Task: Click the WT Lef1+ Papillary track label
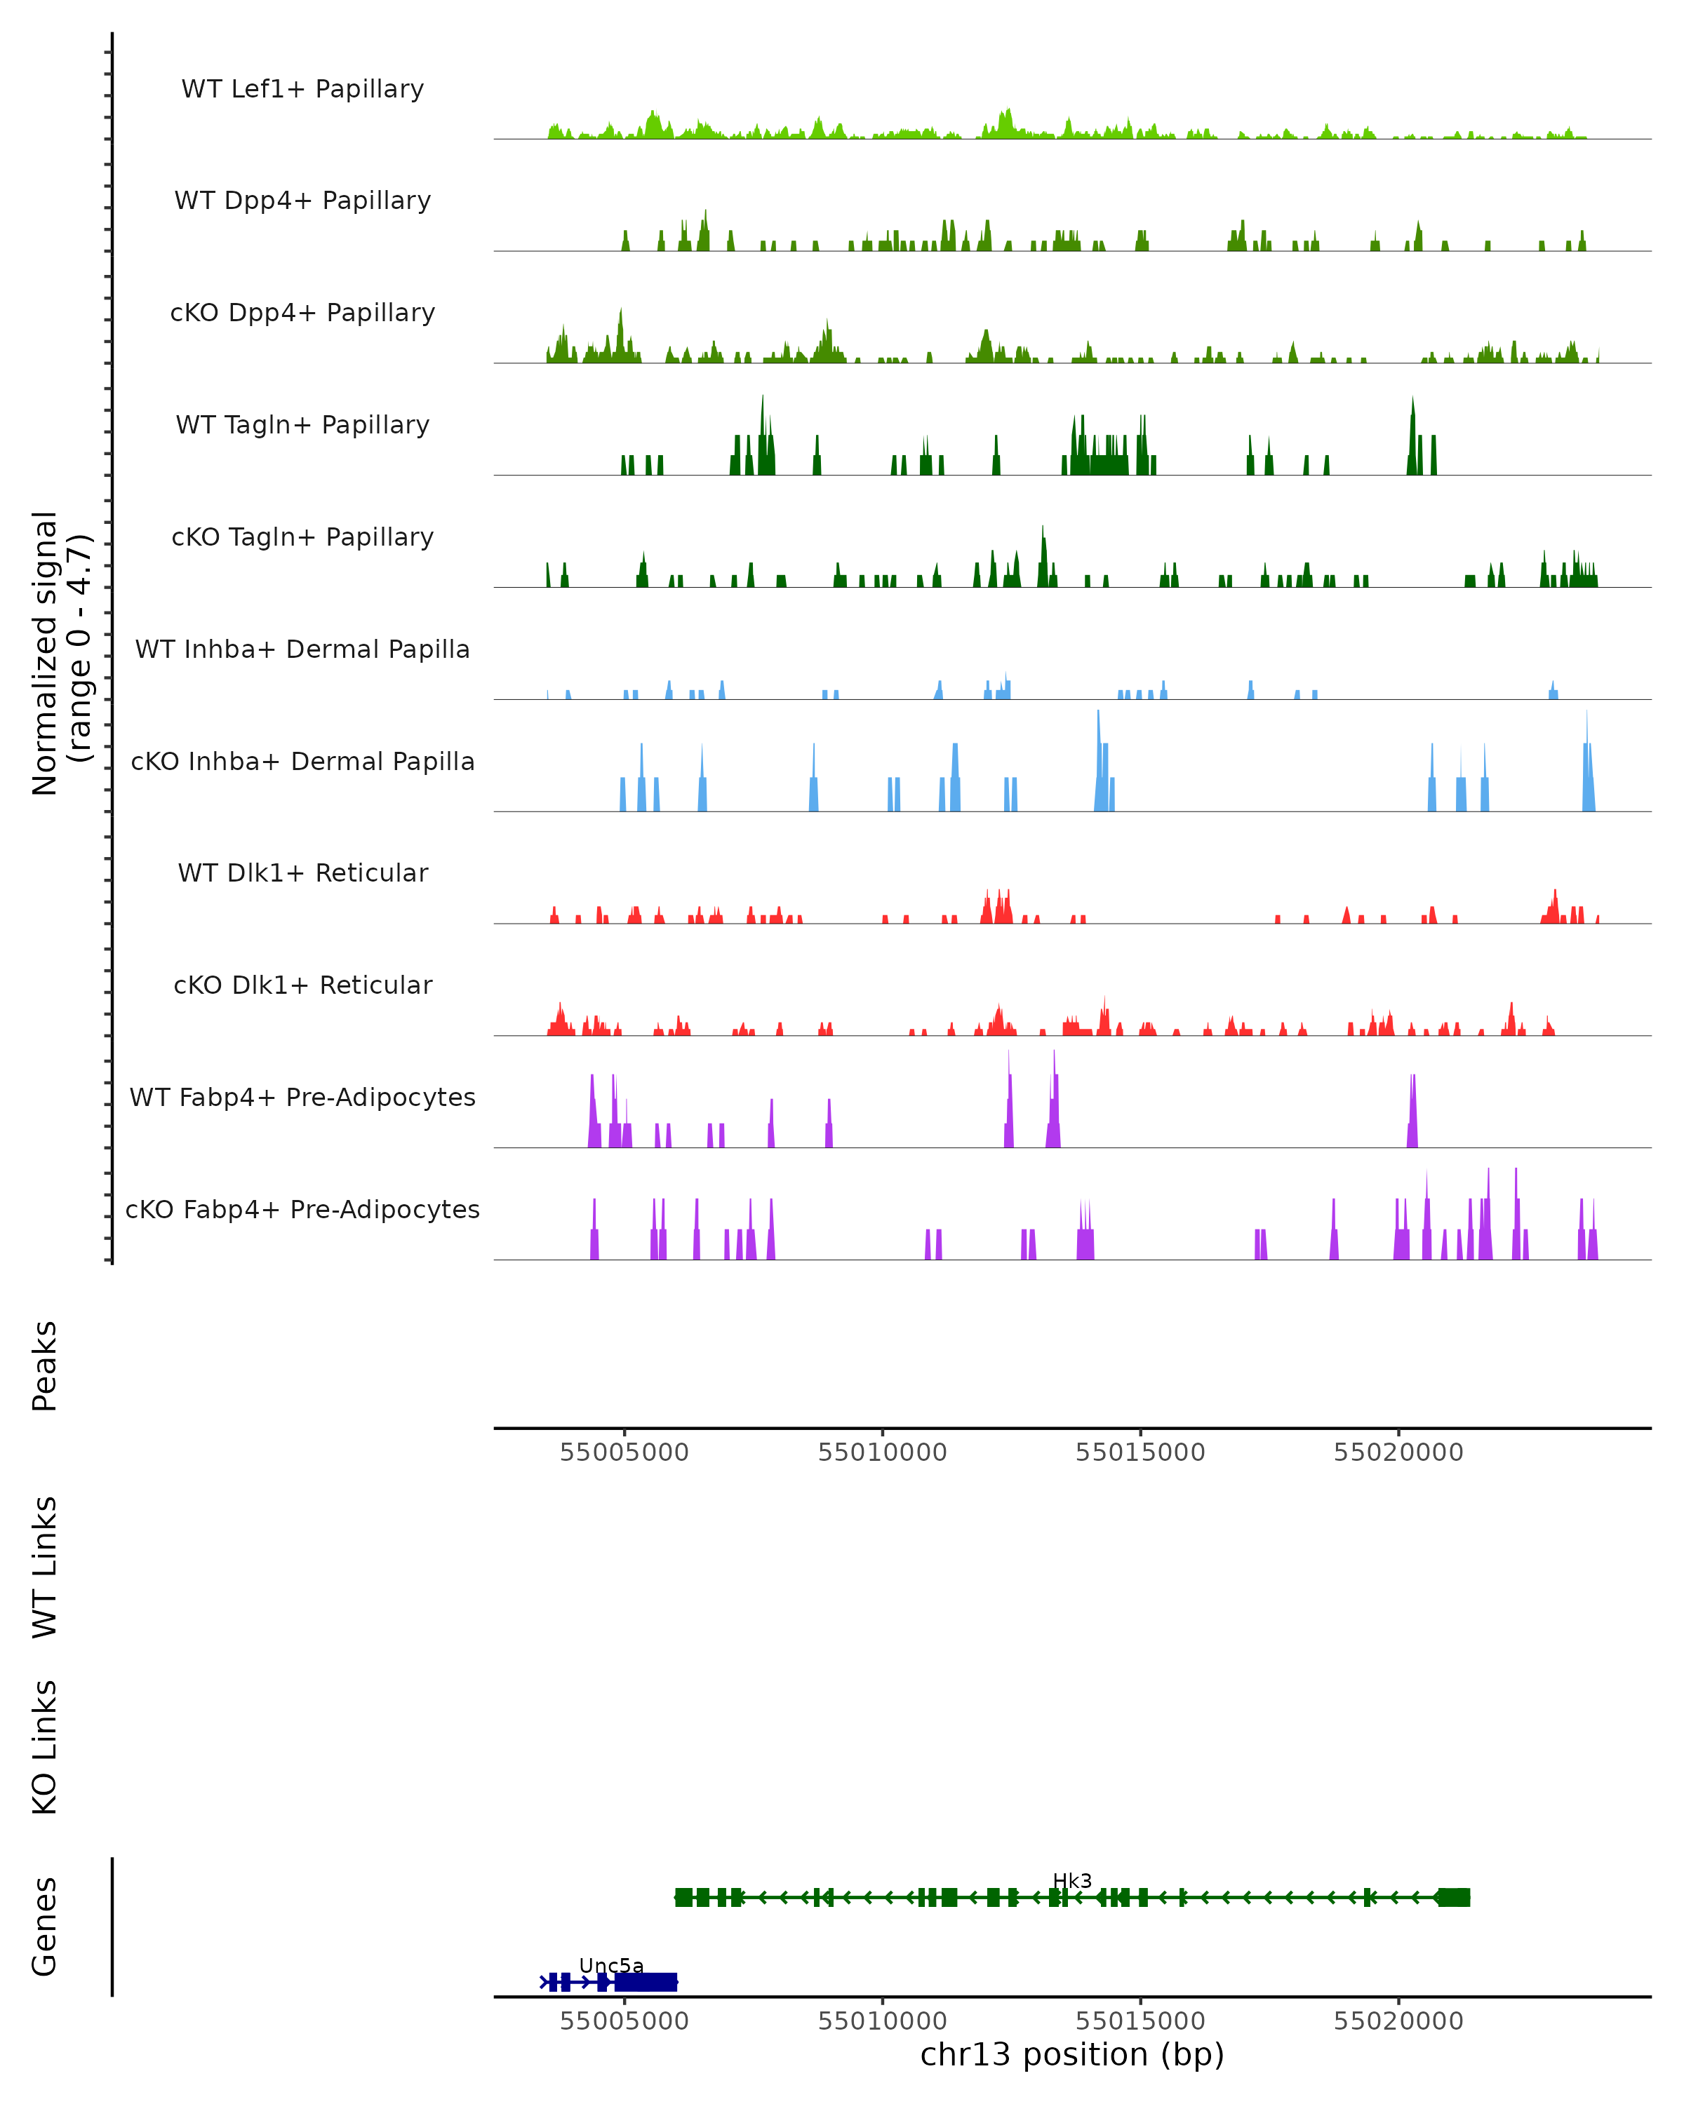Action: tap(302, 89)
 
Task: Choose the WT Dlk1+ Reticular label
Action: tap(302, 872)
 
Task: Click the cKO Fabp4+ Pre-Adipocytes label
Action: tap(302, 1209)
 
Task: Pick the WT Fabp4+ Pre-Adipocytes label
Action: tap(302, 1097)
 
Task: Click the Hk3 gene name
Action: tap(1072, 1882)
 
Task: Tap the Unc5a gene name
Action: tap(611, 1965)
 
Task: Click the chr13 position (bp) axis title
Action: tap(1072, 2054)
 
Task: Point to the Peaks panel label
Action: tap(45, 1366)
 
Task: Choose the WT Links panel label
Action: tap(45, 1566)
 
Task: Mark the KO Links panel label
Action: tap(45, 1747)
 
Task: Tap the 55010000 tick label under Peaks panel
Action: tap(883, 1452)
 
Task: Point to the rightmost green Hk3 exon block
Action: tap(1452, 1897)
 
